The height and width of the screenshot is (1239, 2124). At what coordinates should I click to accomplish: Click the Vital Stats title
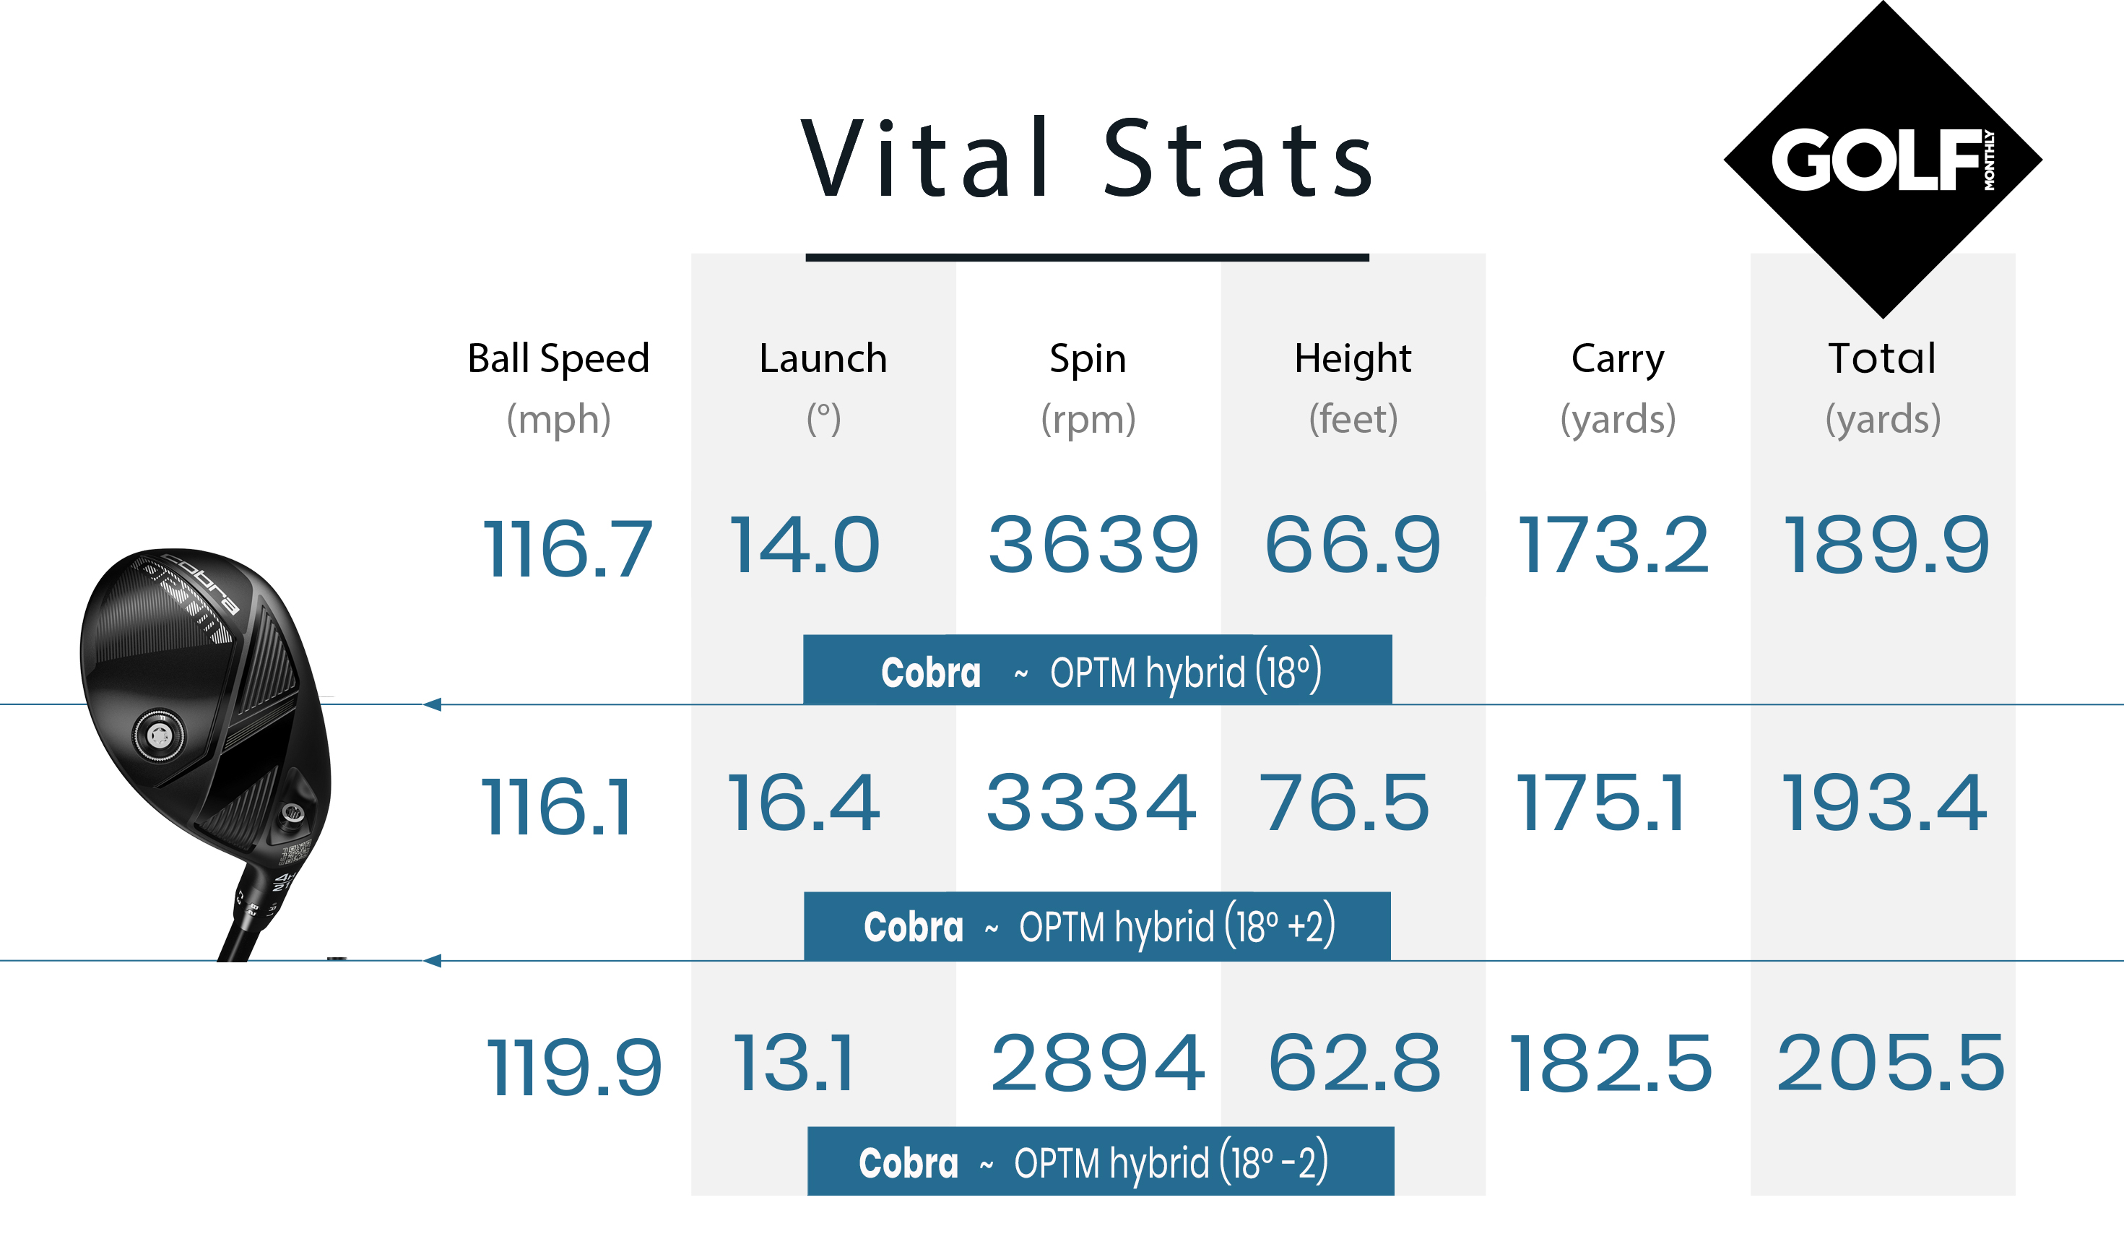pyautogui.click(x=1088, y=158)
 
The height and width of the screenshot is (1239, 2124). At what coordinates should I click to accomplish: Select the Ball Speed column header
pyautogui.click(x=558, y=358)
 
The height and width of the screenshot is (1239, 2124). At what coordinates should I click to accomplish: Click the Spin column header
pyautogui.click(x=1088, y=358)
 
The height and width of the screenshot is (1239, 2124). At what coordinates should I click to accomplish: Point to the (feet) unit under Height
pyautogui.click(x=1353, y=419)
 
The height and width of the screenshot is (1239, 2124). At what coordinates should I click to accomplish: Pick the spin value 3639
pyautogui.click(x=1093, y=546)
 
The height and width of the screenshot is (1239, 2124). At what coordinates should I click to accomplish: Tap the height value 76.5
pyautogui.click(x=1343, y=803)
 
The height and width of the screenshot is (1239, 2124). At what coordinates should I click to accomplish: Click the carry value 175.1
pyautogui.click(x=1599, y=803)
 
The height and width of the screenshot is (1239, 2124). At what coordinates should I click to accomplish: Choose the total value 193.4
pyautogui.click(x=1883, y=803)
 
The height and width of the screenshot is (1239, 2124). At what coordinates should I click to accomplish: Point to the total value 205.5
pyautogui.click(x=1890, y=1063)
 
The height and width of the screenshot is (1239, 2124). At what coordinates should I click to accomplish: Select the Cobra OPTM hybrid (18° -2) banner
pyautogui.click(x=1100, y=1162)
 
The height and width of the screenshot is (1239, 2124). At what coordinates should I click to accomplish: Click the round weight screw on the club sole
pyautogui.click(x=158, y=735)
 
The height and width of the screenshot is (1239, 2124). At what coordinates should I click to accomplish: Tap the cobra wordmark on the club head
pyautogui.click(x=201, y=582)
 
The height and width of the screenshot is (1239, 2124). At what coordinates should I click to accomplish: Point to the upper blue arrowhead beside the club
pyautogui.click(x=433, y=704)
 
